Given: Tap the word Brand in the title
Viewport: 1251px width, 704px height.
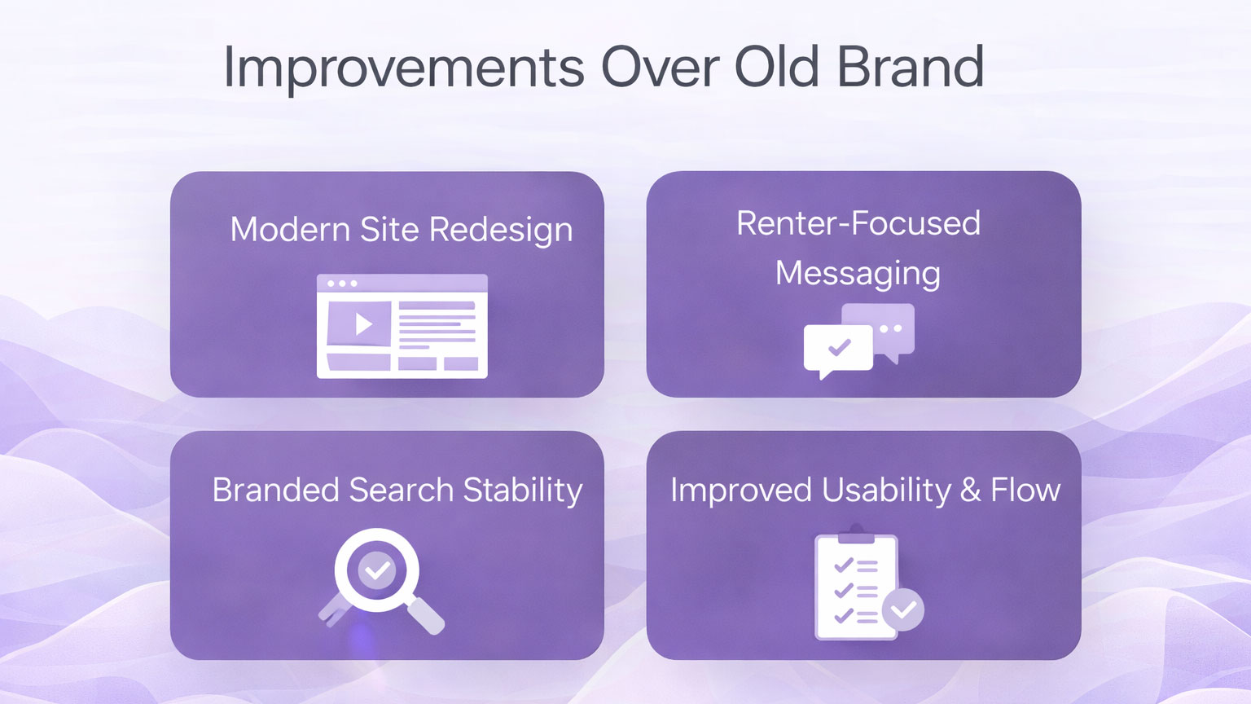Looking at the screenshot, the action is (x=911, y=66).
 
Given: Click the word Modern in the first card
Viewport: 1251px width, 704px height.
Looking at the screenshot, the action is (x=290, y=229).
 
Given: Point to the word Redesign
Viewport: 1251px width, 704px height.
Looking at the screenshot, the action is (x=501, y=231).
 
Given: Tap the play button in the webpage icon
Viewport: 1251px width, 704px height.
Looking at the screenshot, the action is (x=363, y=323).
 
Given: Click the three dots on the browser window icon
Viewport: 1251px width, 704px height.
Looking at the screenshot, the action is (x=342, y=284).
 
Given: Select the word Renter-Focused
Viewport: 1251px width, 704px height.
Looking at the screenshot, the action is (x=858, y=223).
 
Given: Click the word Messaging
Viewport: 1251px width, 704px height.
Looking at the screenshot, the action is (x=858, y=274).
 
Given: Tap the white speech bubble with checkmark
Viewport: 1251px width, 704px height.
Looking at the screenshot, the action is (x=838, y=350).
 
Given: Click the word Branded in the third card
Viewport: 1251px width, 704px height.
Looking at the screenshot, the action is (x=276, y=490).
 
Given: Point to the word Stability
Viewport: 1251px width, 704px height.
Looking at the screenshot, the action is (x=523, y=491).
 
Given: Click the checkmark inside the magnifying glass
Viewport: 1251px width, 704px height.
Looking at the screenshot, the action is (x=377, y=570).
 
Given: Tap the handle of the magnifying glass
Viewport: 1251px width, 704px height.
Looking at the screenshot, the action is (x=425, y=616).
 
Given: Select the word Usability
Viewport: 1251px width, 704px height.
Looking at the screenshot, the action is (x=886, y=491).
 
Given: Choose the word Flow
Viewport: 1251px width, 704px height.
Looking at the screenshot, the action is (x=1025, y=490).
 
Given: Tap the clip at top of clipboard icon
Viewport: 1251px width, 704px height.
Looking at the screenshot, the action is (x=856, y=535).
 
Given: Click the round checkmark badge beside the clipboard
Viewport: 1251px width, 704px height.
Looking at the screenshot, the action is (x=903, y=609).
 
